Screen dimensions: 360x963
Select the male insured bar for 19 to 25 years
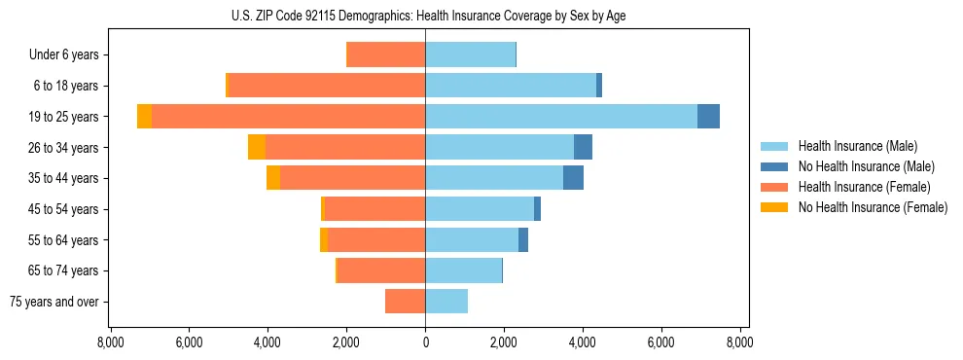click(x=560, y=117)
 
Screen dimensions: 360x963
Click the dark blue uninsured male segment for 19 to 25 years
click(x=708, y=117)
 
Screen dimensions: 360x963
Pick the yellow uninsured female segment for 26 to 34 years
click(x=257, y=147)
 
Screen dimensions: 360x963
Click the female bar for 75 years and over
click(x=405, y=302)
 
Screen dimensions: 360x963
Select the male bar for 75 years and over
click(x=446, y=302)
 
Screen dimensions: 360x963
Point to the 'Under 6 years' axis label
click(x=64, y=55)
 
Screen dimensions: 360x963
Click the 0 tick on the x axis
click(x=425, y=343)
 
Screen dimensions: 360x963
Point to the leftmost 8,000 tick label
click(x=110, y=343)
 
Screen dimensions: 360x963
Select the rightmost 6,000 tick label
click(x=660, y=343)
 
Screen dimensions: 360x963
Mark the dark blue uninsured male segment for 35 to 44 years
click(x=573, y=178)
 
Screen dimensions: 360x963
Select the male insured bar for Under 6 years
click(x=470, y=55)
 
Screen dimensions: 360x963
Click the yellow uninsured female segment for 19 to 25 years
click(x=144, y=117)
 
